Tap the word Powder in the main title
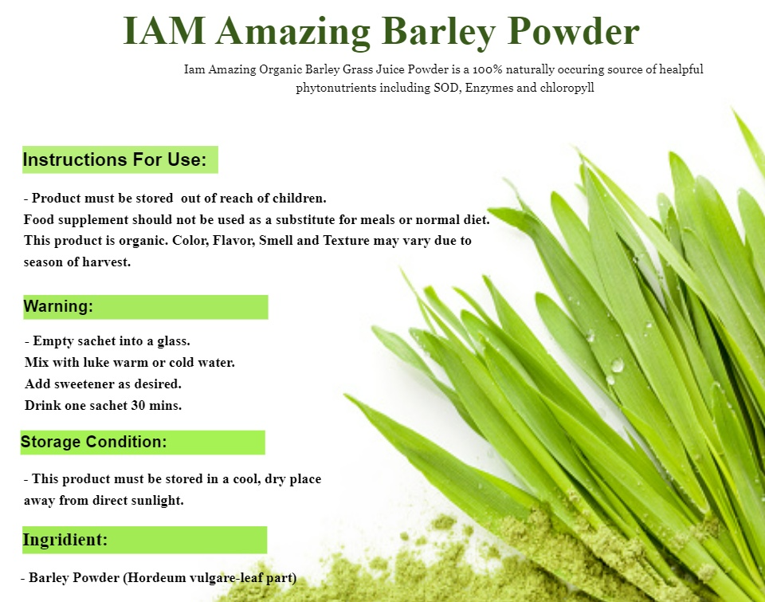pyautogui.click(x=574, y=31)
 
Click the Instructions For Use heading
pyautogui.click(x=115, y=159)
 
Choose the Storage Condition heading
pyautogui.click(x=94, y=442)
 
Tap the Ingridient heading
pyautogui.click(x=65, y=540)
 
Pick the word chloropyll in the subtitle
pyautogui.click(x=567, y=88)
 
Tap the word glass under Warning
pyautogui.click(x=173, y=341)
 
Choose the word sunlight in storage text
pyautogui.click(x=157, y=501)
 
